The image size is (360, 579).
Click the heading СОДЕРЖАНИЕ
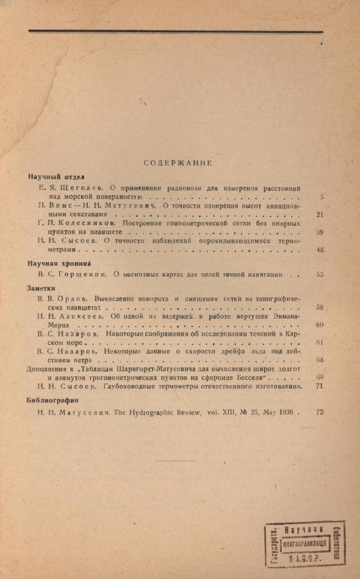(178, 163)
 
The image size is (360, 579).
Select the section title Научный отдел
(56, 177)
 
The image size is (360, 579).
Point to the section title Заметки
(41, 289)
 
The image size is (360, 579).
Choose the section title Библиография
(53, 400)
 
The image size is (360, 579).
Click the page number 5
(321, 197)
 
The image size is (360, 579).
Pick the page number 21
(320, 214)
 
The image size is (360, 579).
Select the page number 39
(320, 232)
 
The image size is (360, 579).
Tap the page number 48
(320, 250)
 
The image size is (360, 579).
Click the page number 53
(320, 274)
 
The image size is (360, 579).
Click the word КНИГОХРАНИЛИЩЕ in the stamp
(304, 544)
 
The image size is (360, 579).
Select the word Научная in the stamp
(304, 530)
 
